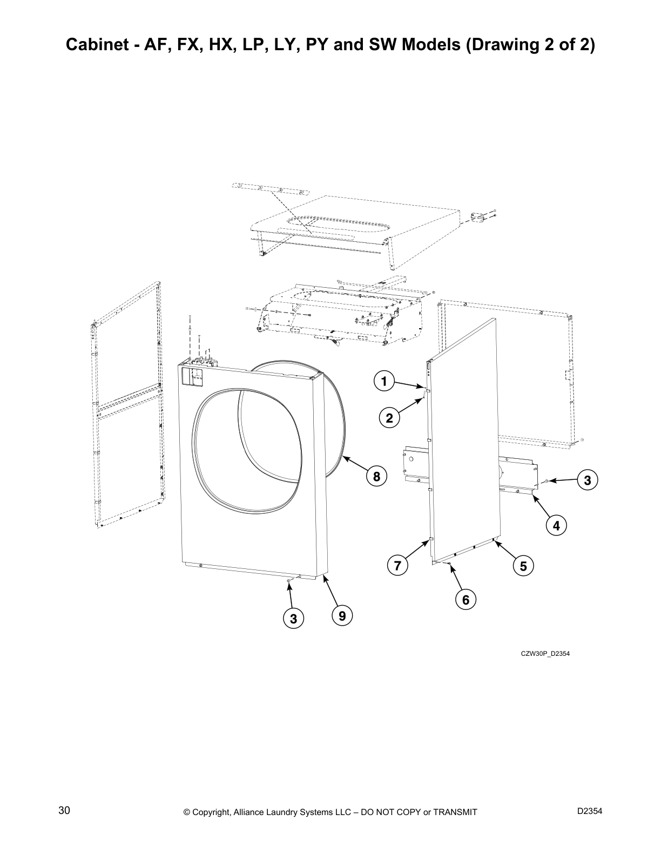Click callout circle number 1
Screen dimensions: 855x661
tap(383, 382)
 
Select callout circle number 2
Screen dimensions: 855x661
tap(389, 417)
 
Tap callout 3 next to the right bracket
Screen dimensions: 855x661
tap(588, 479)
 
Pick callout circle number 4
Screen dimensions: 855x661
tap(556, 524)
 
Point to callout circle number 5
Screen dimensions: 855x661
tap(523, 566)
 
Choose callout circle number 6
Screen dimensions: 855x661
tap(397, 566)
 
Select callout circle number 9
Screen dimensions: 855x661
tap(342, 615)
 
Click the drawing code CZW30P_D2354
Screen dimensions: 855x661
tap(545, 654)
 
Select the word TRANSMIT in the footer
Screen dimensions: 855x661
tap(455, 812)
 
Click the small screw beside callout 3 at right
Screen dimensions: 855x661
tap(547, 480)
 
